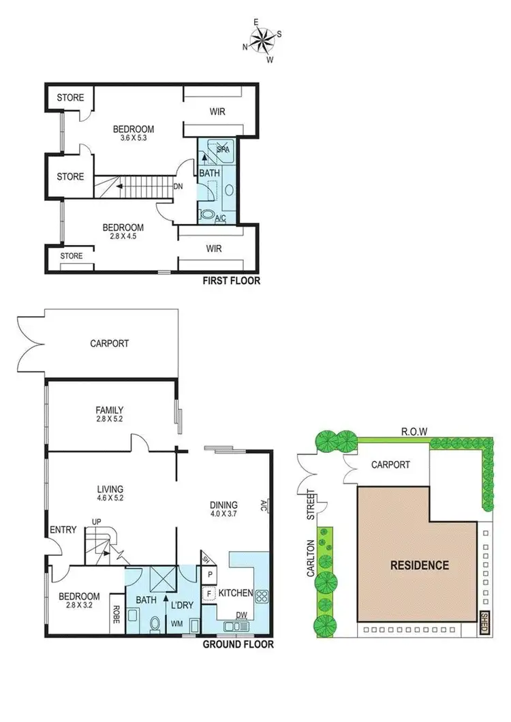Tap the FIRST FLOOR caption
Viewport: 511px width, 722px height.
(x=231, y=281)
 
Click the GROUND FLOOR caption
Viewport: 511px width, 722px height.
(x=238, y=644)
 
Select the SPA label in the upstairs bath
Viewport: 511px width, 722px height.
(x=221, y=148)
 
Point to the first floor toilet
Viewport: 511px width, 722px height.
(x=208, y=215)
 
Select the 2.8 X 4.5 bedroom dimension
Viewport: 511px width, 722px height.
(x=123, y=237)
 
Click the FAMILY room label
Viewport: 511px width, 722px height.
(x=109, y=410)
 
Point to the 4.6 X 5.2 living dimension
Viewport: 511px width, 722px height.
(x=109, y=498)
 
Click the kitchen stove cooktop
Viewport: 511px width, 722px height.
(x=263, y=595)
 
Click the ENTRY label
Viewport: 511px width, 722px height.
(x=62, y=531)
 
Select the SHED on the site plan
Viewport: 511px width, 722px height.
(x=484, y=623)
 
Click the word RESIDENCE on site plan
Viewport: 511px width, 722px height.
(x=419, y=565)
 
